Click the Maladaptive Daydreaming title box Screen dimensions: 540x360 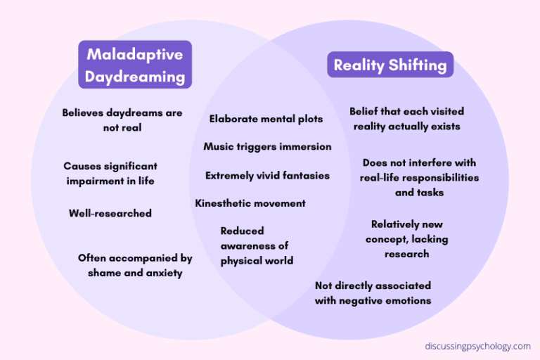tap(135, 65)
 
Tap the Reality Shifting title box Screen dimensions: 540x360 tap(390, 65)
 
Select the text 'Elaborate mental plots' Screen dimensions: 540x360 tap(266, 119)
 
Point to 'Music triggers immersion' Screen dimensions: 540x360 tap(267, 147)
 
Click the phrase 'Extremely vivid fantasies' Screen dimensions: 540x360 tap(267, 176)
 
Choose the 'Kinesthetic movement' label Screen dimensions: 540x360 tap(250, 203)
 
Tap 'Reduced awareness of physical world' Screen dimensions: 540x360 tap(257, 245)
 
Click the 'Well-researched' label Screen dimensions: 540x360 tap(110, 213)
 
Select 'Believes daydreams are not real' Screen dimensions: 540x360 tap(122, 120)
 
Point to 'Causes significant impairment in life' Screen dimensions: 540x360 tap(110, 174)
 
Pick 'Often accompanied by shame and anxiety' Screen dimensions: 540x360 tap(135, 266)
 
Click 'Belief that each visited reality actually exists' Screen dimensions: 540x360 tap(406, 119)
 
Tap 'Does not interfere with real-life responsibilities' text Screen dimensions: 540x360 tap(419, 170)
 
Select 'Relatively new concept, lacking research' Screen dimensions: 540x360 tap(406, 239)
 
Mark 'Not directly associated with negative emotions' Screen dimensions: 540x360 tap(373, 293)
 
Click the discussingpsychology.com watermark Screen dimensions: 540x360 tap(477, 346)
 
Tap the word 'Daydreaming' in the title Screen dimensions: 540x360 tap(135, 77)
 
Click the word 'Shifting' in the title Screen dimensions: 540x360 tap(418, 65)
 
